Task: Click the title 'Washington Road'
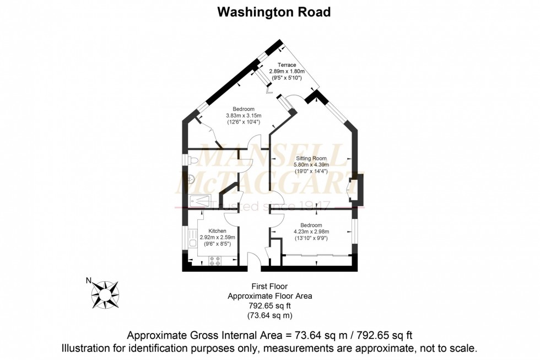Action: pos(274,12)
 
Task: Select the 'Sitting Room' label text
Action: pos(311,158)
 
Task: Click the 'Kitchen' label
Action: pos(217,230)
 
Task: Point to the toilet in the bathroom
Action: pos(192,160)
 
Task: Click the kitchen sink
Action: pos(192,242)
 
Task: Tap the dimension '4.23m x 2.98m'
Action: pos(311,232)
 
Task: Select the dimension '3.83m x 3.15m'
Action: pos(243,115)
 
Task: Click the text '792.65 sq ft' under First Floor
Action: pos(269,306)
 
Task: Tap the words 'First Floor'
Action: pos(269,286)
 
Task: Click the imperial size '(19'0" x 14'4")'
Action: pos(311,171)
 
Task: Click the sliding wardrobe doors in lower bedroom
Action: pos(317,255)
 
